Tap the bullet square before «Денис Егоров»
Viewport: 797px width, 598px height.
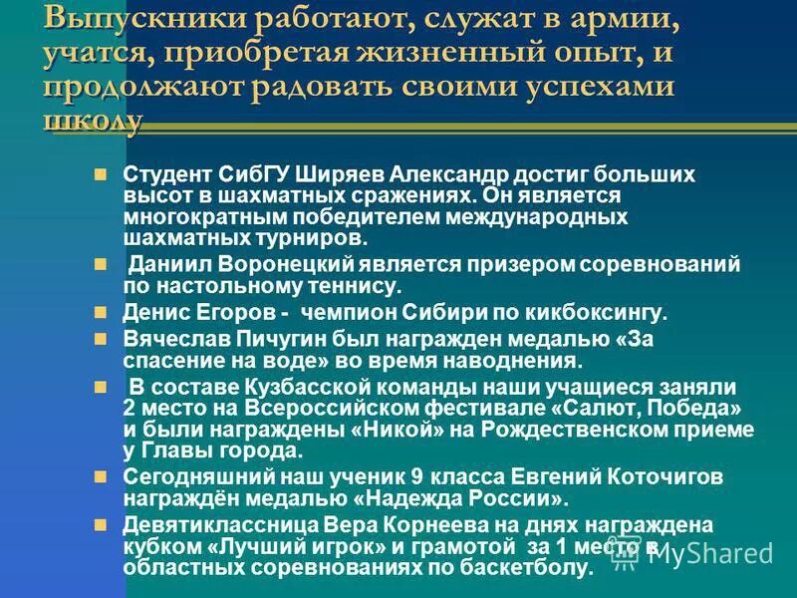click(99, 312)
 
